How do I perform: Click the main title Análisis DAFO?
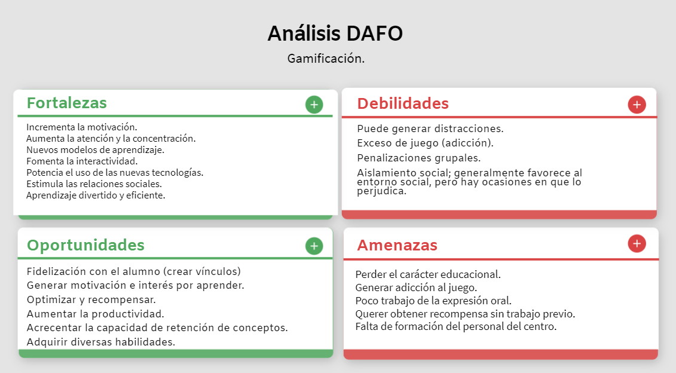[x=335, y=33]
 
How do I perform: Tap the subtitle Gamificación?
[x=326, y=59]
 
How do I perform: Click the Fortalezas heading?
[x=67, y=103]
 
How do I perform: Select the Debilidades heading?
[x=403, y=103]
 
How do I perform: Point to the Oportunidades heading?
[x=85, y=245]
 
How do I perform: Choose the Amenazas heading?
[x=397, y=245]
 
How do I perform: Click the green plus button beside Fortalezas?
[x=314, y=105]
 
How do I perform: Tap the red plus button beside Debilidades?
[x=637, y=105]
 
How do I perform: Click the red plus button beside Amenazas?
[x=637, y=243]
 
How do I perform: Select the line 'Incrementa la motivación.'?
[x=82, y=127]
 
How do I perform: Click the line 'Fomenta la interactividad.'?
[x=82, y=161]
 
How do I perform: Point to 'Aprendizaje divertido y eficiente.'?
[x=96, y=195]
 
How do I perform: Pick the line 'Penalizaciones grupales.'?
[x=419, y=158]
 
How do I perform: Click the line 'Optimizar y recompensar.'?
[x=91, y=299]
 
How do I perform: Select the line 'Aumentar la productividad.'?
[x=96, y=313]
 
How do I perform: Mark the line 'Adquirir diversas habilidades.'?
[x=101, y=342]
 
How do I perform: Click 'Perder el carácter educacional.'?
[x=428, y=274]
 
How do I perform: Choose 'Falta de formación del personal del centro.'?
[x=456, y=326]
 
